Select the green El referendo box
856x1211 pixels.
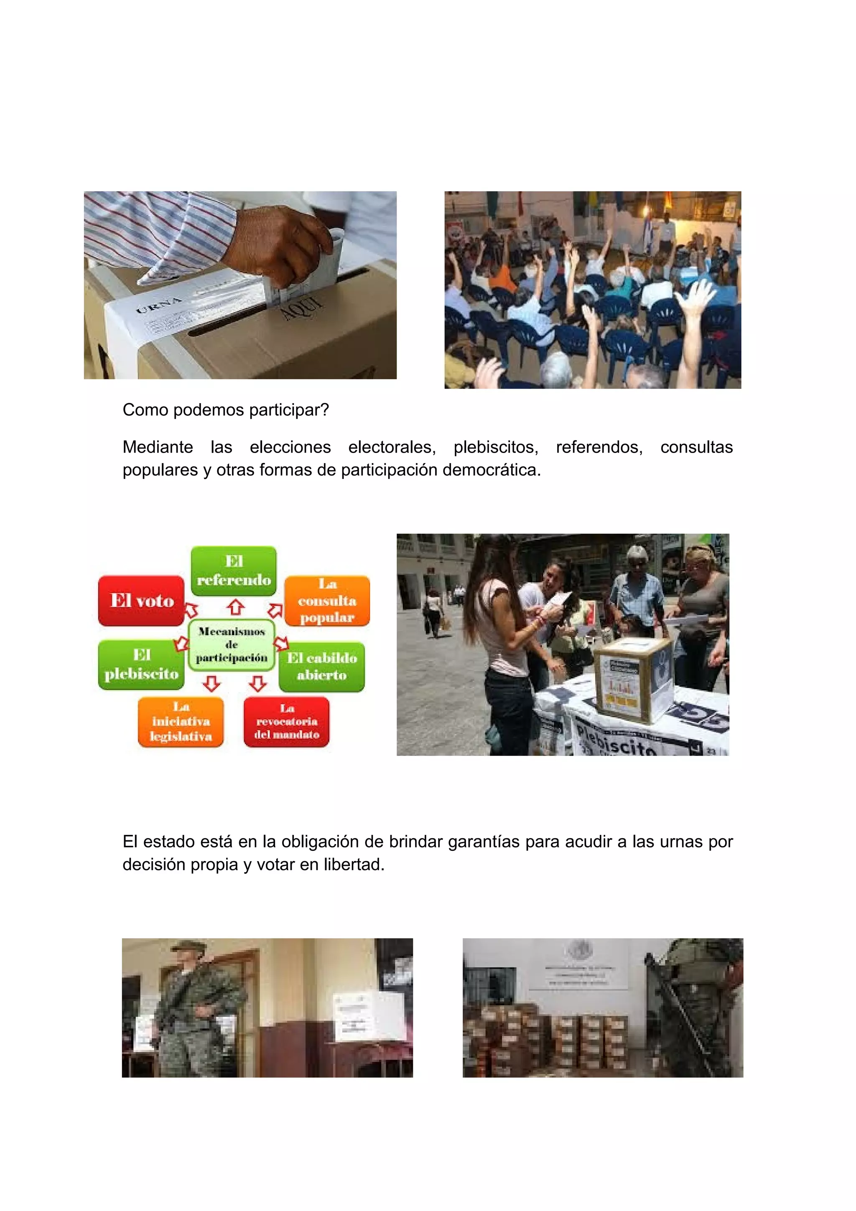pyautogui.click(x=234, y=571)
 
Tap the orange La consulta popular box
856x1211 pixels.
pyautogui.click(x=327, y=601)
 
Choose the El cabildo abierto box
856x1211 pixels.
pyautogui.click(x=322, y=667)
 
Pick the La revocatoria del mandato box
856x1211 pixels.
pyautogui.click(x=286, y=722)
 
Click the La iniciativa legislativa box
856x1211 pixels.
pyautogui.click(x=181, y=722)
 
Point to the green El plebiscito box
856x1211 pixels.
pyautogui.click(x=141, y=664)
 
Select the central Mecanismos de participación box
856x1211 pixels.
pyautogui.click(x=232, y=644)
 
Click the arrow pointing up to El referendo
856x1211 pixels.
pyautogui.click(x=236, y=607)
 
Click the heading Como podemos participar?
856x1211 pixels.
pyautogui.click(x=225, y=410)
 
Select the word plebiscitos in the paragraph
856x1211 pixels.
pyautogui.click(x=496, y=447)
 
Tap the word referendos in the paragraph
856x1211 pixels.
pyautogui.click(x=599, y=447)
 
